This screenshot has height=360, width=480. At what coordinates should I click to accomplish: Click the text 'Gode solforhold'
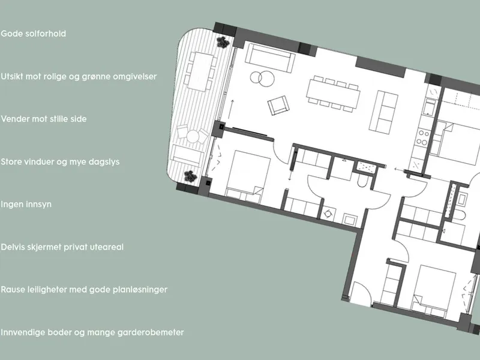tap(34, 34)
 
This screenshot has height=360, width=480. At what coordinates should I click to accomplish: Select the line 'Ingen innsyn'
tap(26, 204)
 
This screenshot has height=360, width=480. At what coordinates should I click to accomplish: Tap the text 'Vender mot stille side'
tap(43, 119)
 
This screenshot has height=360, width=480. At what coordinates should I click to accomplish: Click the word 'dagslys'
tap(104, 161)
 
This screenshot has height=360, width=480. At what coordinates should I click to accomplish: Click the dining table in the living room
tap(333, 94)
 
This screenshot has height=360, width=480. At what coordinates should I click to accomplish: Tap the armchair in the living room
tap(278, 105)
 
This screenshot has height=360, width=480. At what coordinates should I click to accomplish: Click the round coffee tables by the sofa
tap(262, 78)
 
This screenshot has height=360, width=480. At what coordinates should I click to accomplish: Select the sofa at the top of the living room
tap(270, 57)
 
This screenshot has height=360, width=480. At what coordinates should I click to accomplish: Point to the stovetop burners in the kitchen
tap(423, 137)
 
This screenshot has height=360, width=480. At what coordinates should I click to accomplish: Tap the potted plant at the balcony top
tap(223, 42)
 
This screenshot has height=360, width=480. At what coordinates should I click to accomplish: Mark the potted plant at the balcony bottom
tap(190, 176)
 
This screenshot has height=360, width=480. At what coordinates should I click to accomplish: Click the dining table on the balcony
tap(200, 71)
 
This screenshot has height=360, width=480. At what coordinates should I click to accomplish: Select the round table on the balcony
tap(193, 136)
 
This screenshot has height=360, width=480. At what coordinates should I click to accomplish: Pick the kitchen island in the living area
tap(384, 112)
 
